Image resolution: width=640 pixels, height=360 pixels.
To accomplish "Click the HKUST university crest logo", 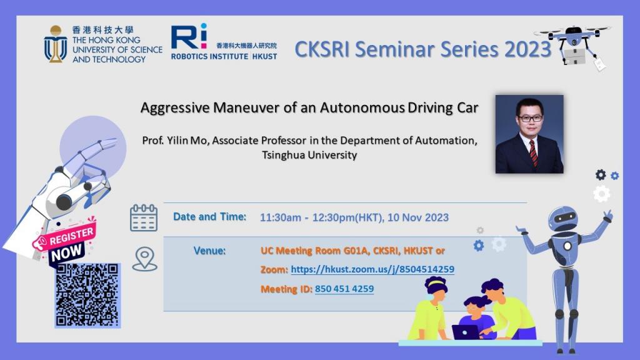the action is point(55,44).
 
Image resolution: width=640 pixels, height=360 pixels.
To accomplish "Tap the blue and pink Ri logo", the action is point(189,37).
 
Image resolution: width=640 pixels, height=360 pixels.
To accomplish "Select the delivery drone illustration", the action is point(573,46).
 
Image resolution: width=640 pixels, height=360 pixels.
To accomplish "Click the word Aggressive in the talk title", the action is point(175,108).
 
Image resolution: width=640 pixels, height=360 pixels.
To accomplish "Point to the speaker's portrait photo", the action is point(529,134).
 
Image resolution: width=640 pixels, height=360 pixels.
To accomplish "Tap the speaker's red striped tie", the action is point(534,152).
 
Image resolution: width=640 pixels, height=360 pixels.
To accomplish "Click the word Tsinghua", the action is point(283,156).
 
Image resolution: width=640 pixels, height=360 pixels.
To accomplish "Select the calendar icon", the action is point(144,218).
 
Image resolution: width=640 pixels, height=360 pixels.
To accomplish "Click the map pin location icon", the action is point(144,259).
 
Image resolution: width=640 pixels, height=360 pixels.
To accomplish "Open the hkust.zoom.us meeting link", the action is point(372,269).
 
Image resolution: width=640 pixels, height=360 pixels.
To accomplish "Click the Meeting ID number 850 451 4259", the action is point(344,289).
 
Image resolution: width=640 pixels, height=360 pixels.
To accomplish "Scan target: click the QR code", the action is point(87,295).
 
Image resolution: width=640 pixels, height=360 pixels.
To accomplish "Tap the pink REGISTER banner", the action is point(64,237).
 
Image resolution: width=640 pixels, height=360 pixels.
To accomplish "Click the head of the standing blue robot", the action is point(563,219).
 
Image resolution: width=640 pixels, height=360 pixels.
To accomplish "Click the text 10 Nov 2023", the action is point(418,217).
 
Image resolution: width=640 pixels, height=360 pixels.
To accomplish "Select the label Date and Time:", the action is point(210,217).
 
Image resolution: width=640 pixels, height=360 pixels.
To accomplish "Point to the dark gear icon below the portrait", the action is point(601,175).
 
